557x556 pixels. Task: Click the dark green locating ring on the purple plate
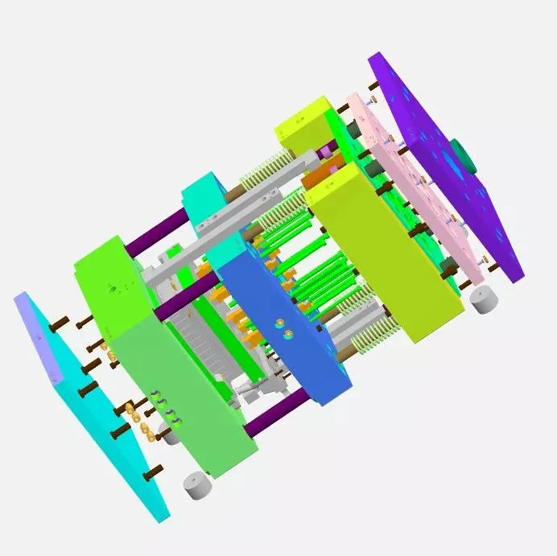[461, 152]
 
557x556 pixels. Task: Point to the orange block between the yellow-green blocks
[320, 175]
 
